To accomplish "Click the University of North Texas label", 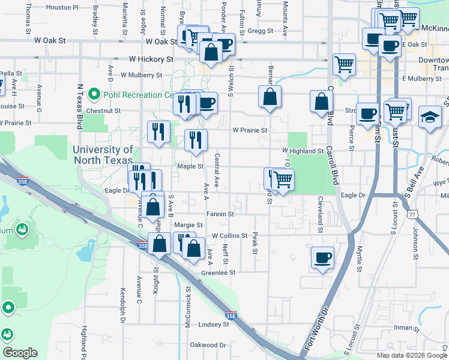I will click(103, 155).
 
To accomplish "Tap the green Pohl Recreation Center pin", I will click(94, 95).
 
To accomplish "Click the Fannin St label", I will click(220, 213).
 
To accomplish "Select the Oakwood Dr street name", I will click(208, 345).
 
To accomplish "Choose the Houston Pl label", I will click(62, 8).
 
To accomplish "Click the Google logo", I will click(20, 352).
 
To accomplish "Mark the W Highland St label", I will click(303, 151).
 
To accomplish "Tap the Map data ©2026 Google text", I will click(412, 355).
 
